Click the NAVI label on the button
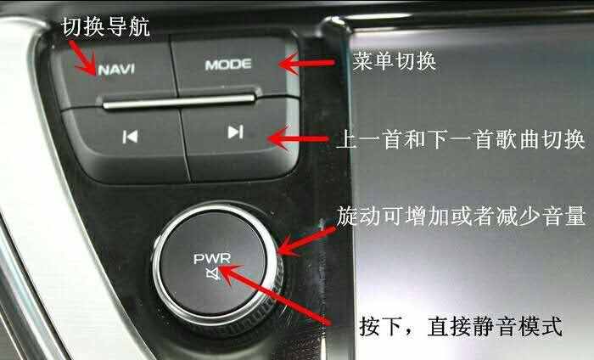(116, 69)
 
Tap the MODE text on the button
(228, 65)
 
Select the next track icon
(235, 132)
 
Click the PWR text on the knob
(212, 259)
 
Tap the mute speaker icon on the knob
(213, 273)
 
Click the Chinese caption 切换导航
(106, 26)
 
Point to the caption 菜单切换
(394, 60)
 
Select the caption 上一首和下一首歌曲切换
(461, 139)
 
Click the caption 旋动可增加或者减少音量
(462, 217)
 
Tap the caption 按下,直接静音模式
(460, 325)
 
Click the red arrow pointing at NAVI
(82, 57)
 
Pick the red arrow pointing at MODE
(307, 64)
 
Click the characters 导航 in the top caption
(128, 26)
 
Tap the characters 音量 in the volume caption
(564, 217)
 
